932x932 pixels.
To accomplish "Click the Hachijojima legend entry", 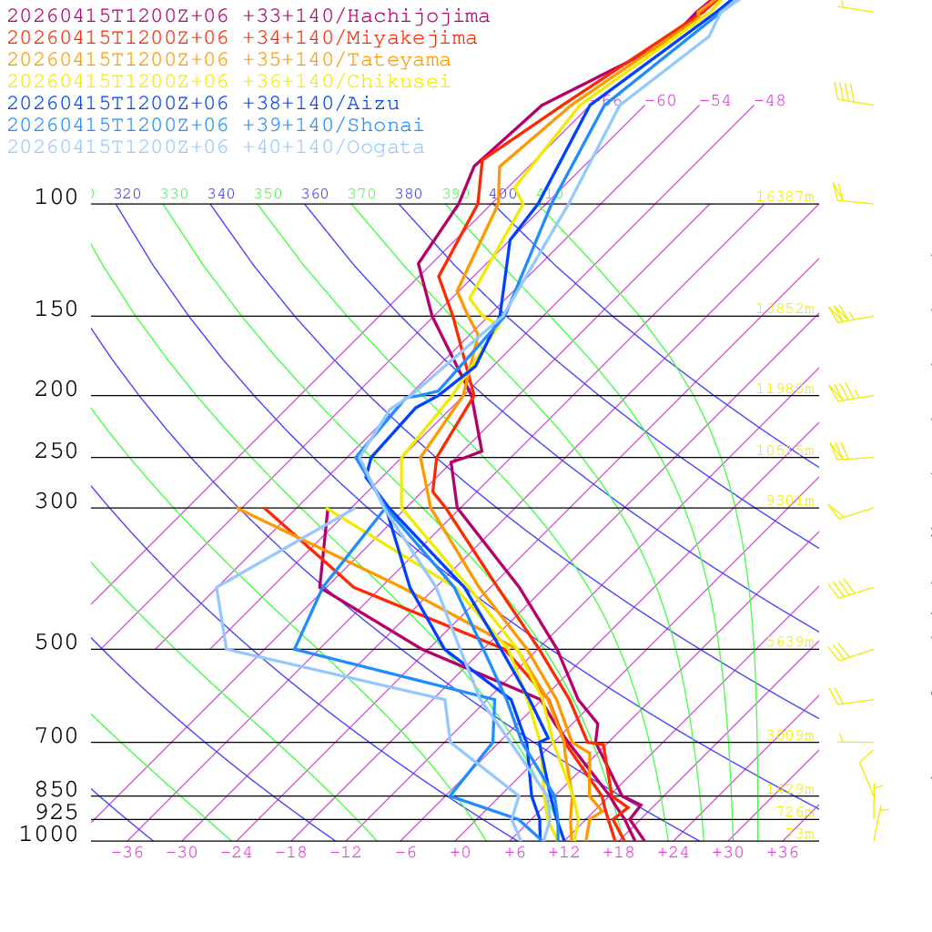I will pyautogui.click(x=248, y=16).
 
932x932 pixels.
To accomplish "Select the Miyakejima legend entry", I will pyautogui.click(x=241, y=38).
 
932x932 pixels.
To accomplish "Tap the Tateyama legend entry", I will pyautogui.click(x=228, y=60).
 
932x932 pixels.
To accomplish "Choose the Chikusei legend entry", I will pyautogui.click(x=228, y=82).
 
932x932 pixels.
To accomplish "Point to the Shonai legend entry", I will pyautogui.click(x=216, y=126).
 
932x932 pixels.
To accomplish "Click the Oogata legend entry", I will pyautogui.click(x=216, y=147).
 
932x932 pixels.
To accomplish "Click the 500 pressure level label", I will pyautogui.click(x=56, y=643).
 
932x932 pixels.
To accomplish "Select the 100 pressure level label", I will pyautogui.click(x=56, y=198).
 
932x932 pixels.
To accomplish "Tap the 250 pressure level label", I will pyautogui.click(x=56, y=451).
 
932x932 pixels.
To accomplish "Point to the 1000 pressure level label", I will pyautogui.click(x=49, y=835).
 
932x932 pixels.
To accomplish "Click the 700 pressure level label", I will pyautogui.click(x=56, y=736).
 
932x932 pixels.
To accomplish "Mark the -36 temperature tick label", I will pyautogui.click(x=127, y=853).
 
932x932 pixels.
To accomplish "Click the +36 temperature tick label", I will pyautogui.click(x=782, y=853).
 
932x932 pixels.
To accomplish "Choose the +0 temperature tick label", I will pyautogui.click(x=460, y=853).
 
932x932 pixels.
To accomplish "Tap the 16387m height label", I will pyautogui.click(x=785, y=197).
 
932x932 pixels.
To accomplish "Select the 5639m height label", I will pyautogui.click(x=789, y=642).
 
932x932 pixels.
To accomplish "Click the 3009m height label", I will pyautogui.click(x=789, y=735).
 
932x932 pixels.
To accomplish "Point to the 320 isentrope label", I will pyautogui.click(x=127, y=194).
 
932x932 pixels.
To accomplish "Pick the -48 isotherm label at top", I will pyautogui.click(x=769, y=101).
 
